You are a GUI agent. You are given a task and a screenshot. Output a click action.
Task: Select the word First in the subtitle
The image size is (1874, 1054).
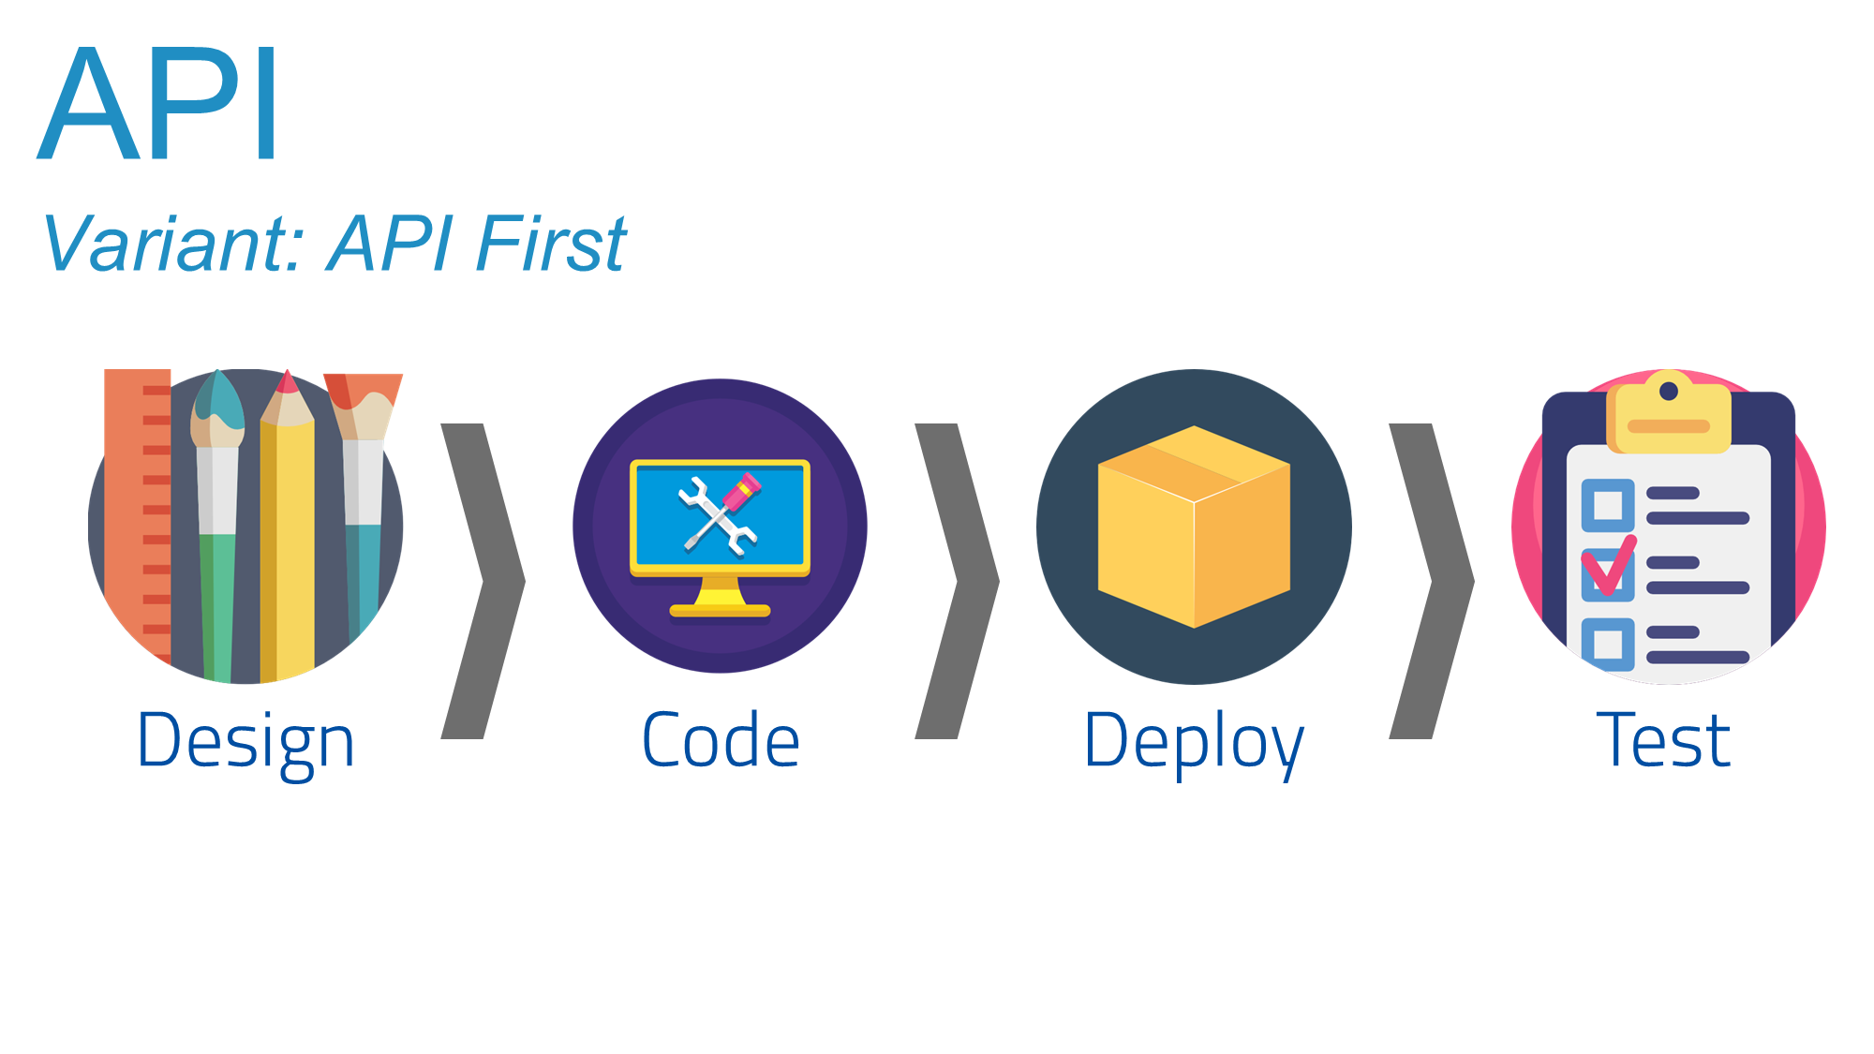(551, 244)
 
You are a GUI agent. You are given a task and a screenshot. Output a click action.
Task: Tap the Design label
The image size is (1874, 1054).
(245, 741)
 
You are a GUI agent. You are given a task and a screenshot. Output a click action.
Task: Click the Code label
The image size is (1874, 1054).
(721, 741)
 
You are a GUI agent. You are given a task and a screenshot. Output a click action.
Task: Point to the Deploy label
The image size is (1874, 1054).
(1194, 741)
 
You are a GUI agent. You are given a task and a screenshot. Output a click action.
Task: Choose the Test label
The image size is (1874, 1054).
(1664, 741)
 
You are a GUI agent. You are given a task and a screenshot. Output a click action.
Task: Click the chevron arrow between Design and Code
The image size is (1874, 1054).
(483, 581)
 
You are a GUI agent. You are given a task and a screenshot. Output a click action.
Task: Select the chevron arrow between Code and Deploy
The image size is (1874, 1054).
(958, 581)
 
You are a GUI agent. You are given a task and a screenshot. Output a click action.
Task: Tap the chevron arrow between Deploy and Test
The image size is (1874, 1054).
(1432, 581)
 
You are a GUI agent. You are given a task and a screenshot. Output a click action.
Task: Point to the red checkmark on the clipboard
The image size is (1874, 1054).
(1609, 567)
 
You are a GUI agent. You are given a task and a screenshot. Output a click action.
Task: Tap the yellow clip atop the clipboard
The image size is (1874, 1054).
(1669, 417)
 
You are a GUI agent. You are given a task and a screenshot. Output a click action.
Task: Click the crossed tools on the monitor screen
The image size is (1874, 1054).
(720, 515)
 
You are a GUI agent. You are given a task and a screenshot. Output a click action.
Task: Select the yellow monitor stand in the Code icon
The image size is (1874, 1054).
(720, 600)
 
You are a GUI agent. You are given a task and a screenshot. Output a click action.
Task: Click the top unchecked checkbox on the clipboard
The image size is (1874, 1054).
(1608, 505)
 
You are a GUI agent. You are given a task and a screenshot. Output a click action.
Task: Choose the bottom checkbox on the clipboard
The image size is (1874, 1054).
(1608, 644)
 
